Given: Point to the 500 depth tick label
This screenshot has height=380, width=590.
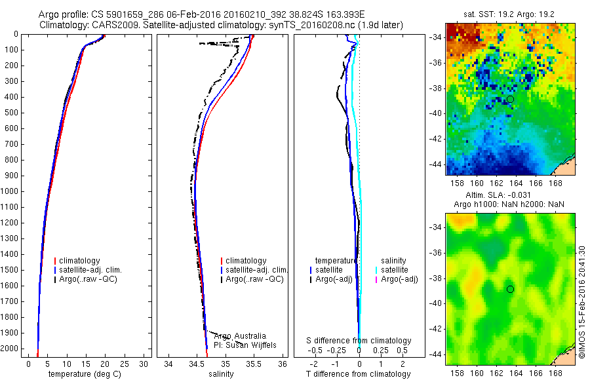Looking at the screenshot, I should (12, 113).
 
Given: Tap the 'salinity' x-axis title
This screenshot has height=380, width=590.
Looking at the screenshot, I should (220, 374).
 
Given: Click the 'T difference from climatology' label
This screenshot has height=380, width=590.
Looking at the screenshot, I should (359, 374).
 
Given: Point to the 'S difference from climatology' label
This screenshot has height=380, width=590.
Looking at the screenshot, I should (359, 341).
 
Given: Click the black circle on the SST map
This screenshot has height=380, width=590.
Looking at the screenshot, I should (510, 99).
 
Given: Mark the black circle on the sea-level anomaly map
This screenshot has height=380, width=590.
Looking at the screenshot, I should (510, 289).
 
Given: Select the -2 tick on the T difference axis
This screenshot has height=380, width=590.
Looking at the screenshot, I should (313, 363).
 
